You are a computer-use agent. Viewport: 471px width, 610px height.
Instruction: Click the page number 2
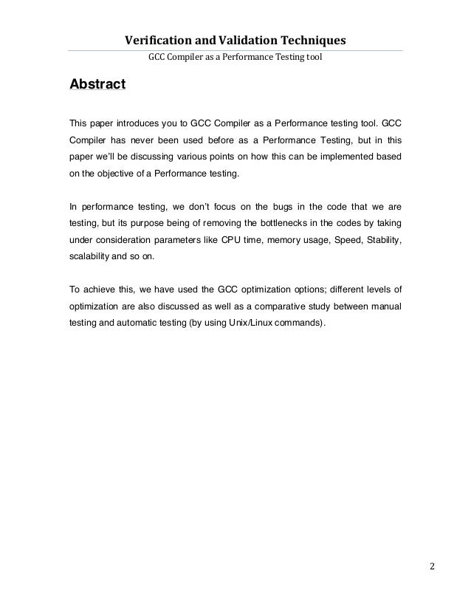[x=432, y=568]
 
